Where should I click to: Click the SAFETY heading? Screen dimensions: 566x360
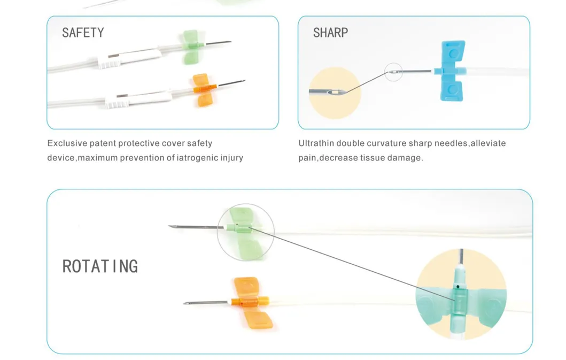pos(83,33)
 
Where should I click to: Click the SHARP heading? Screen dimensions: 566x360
pos(331,33)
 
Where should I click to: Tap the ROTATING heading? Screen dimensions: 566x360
pos(100,266)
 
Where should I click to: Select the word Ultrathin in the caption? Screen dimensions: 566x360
pos(316,143)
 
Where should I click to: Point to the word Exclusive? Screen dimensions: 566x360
pos(67,143)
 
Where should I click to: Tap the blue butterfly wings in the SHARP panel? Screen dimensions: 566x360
pos(452,71)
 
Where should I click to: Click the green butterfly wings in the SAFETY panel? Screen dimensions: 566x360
pos(190,47)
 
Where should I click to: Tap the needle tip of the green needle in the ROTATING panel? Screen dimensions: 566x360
pos(169,226)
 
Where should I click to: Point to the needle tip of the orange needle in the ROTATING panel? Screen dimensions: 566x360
pos(184,303)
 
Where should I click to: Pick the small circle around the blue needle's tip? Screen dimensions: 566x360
pos(393,72)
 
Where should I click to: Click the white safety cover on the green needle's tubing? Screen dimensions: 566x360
pos(129,58)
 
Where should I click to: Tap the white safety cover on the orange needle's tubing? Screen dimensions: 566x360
pos(138,98)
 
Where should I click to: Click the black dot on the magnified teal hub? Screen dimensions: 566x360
pos(458,287)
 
